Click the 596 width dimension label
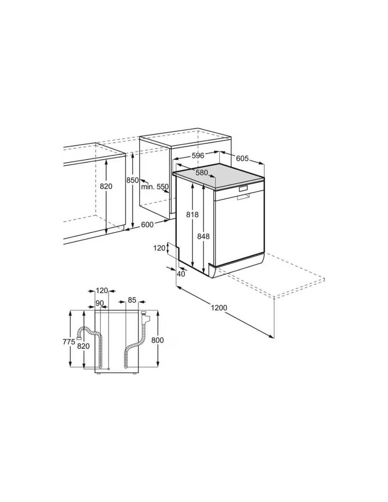click(x=198, y=156)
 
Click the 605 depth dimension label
click(x=242, y=158)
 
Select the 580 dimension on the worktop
click(x=202, y=172)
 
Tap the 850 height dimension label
click(x=132, y=180)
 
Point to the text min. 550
click(x=155, y=186)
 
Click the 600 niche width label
click(x=147, y=224)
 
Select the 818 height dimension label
click(x=192, y=215)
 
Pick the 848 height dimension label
click(x=204, y=236)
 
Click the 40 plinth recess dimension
click(x=181, y=274)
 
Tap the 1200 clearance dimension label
click(x=219, y=307)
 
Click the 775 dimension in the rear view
click(x=69, y=342)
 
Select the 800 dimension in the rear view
click(x=158, y=340)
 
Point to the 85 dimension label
click(x=132, y=300)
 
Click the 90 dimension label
click(x=100, y=303)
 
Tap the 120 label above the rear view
click(x=102, y=291)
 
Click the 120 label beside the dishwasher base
click(x=159, y=248)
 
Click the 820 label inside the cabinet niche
click(x=106, y=186)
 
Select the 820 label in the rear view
click(x=83, y=346)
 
